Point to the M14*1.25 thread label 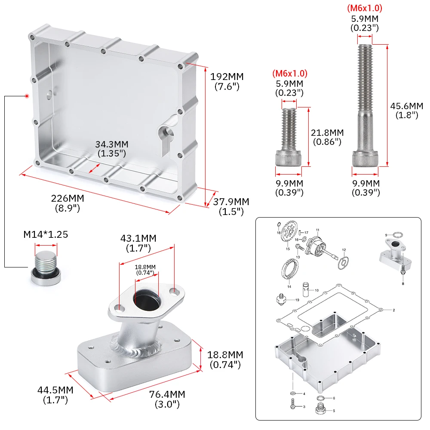[x=46, y=235]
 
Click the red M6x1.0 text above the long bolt [x=364, y=8]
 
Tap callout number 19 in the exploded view [x=297, y=300]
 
